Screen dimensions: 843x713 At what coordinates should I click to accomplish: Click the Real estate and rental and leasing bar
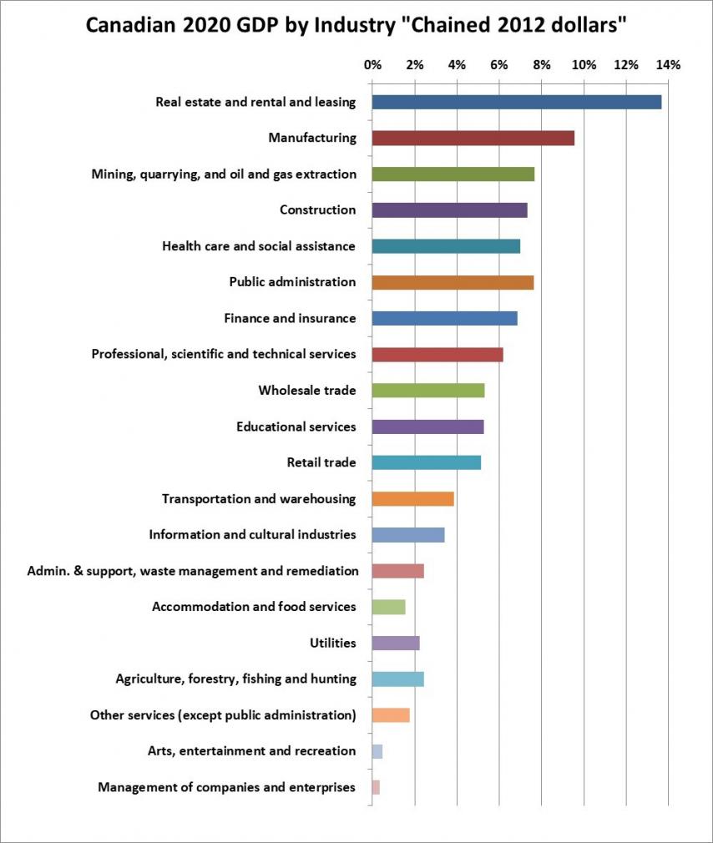point(516,102)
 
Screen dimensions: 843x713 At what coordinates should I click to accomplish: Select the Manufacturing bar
point(473,139)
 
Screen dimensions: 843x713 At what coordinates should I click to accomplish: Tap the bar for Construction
point(449,210)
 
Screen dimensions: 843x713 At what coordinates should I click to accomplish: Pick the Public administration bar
point(453,282)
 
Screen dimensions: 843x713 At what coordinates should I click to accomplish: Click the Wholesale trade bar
point(427,391)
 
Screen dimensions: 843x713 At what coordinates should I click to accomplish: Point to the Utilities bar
point(395,643)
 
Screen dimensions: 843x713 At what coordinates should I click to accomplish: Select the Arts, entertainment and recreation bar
point(377,751)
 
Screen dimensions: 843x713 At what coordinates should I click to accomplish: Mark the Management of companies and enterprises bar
point(376,787)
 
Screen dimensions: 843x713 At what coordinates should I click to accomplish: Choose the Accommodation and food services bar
point(388,607)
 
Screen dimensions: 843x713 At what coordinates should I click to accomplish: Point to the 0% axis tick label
point(372,64)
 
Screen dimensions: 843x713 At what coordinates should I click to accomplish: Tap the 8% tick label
point(541,64)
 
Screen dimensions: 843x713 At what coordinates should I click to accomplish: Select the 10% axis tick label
point(584,64)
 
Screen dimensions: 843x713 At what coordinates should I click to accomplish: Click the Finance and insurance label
point(290,318)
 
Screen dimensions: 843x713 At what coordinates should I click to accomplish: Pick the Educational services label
point(296,427)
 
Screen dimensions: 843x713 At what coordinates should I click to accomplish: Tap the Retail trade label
point(321,462)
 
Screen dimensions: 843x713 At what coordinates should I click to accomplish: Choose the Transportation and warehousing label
point(259,498)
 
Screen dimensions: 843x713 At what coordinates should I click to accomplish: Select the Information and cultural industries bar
point(407,535)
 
